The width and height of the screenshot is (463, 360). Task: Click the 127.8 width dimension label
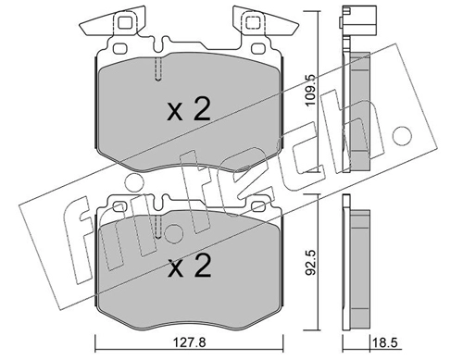189,342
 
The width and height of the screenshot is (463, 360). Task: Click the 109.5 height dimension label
310,90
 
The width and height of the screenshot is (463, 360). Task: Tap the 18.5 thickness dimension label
384,342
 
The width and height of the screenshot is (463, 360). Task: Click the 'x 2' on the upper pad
189,109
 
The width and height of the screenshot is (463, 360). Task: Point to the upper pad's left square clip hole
125,22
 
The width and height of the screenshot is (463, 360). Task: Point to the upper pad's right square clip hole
253,22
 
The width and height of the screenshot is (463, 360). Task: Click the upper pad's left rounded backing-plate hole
120,49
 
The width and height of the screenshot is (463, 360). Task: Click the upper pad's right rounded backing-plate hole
258,49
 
